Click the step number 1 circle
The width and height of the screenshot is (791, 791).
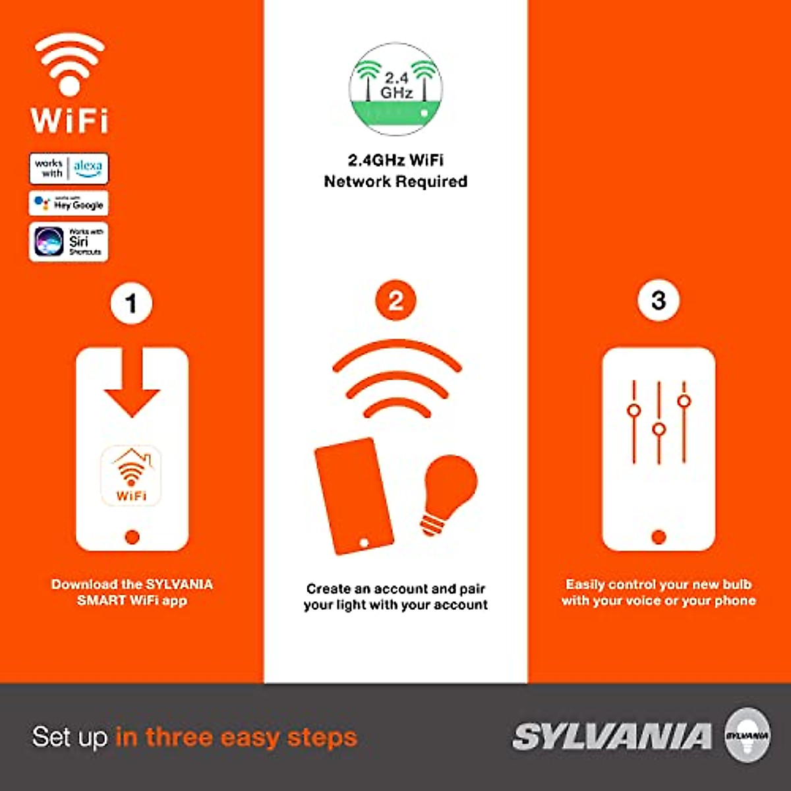(x=131, y=304)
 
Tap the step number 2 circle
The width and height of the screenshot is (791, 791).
(x=395, y=301)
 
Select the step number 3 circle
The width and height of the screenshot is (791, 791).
(x=658, y=301)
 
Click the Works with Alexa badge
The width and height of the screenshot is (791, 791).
(x=69, y=168)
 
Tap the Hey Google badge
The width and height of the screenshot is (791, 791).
(x=69, y=204)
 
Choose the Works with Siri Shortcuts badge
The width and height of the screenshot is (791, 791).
(x=69, y=242)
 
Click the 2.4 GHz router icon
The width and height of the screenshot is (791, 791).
(x=395, y=90)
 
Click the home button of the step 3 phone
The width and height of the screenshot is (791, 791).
(x=659, y=536)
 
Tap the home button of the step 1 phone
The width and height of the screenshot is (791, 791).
(x=132, y=537)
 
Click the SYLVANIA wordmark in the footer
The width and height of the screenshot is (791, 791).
(x=612, y=736)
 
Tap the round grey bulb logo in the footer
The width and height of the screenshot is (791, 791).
(x=747, y=734)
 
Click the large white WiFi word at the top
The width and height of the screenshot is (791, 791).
(x=69, y=121)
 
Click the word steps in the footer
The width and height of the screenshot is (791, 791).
(x=322, y=737)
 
